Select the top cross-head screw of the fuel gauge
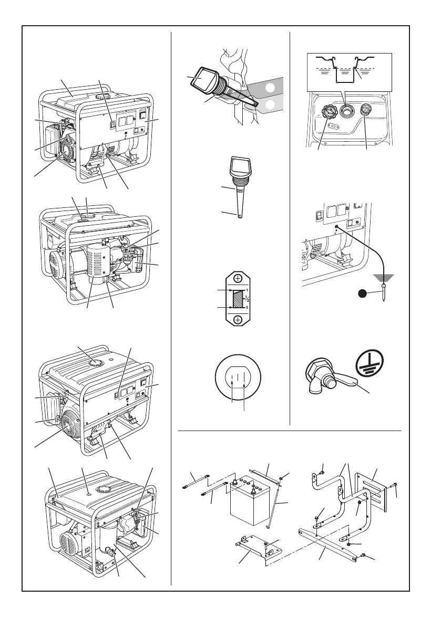point(238,279)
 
